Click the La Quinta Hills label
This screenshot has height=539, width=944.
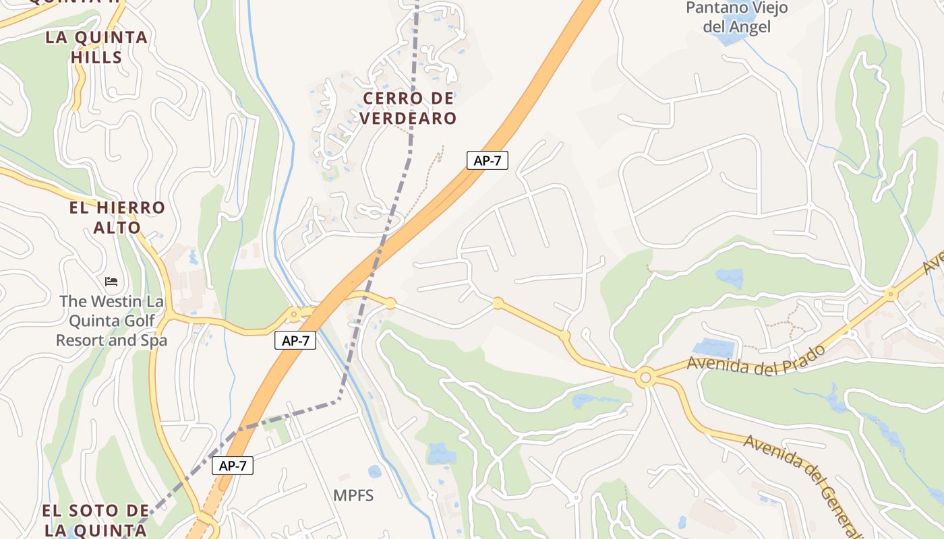click(96, 47)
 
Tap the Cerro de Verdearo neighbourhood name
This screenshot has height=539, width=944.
click(408, 108)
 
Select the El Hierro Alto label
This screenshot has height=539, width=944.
click(117, 218)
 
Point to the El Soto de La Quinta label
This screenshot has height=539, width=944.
click(95, 520)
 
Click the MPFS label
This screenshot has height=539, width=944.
click(353, 496)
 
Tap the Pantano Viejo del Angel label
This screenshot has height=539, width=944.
click(736, 18)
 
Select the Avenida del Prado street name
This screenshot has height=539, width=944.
click(756, 358)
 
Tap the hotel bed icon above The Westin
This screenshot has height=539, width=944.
click(111, 281)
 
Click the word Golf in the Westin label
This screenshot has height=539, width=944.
click(138, 321)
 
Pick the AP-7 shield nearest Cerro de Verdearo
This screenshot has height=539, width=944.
click(487, 160)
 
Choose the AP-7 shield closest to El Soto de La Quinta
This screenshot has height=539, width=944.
click(233, 466)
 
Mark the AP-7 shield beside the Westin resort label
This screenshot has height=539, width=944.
click(295, 341)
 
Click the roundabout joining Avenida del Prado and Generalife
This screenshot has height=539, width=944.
click(645, 378)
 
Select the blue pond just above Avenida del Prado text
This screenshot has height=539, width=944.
click(713, 348)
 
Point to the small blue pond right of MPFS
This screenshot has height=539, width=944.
click(375, 472)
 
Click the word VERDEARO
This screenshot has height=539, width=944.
click(408, 119)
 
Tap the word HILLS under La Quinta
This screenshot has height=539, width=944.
click(96, 57)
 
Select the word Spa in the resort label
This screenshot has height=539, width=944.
click(155, 341)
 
